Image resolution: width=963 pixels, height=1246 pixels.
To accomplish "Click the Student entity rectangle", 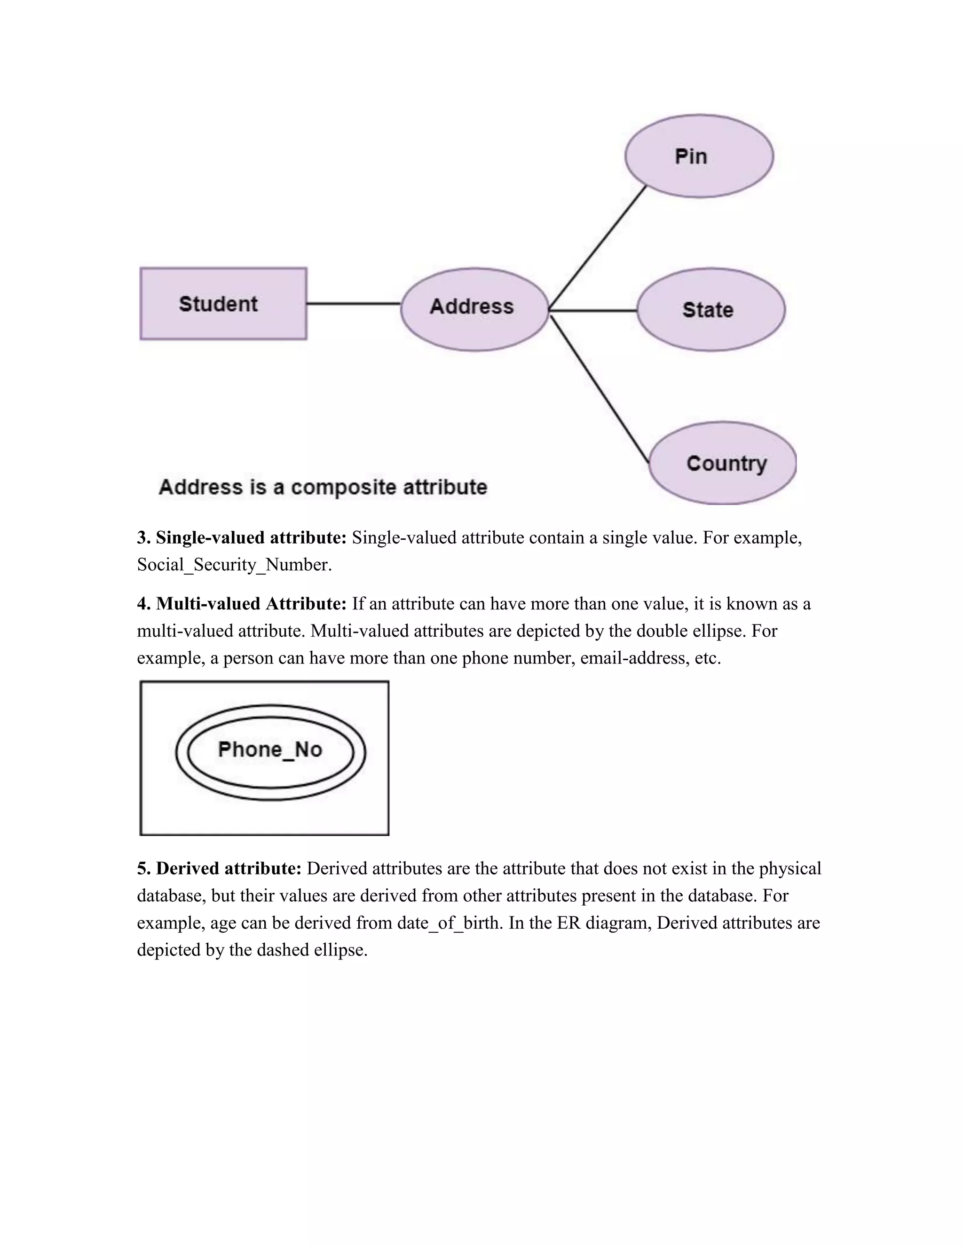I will (223, 304).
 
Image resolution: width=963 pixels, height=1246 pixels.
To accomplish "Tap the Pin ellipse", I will (699, 156).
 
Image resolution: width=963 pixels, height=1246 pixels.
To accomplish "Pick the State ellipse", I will (711, 310).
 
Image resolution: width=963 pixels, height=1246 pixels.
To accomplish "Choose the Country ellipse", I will (723, 463).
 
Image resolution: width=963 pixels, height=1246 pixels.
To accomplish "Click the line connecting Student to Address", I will (354, 304).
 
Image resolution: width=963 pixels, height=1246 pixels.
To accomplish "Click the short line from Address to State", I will (593, 310).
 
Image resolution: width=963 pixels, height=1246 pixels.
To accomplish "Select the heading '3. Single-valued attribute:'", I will (242, 537).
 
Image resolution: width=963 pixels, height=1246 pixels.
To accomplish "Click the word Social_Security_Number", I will (234, 565).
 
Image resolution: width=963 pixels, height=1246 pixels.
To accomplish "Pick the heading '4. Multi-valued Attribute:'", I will (242, 604).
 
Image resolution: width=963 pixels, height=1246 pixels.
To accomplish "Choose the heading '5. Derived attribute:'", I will (219, 868).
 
